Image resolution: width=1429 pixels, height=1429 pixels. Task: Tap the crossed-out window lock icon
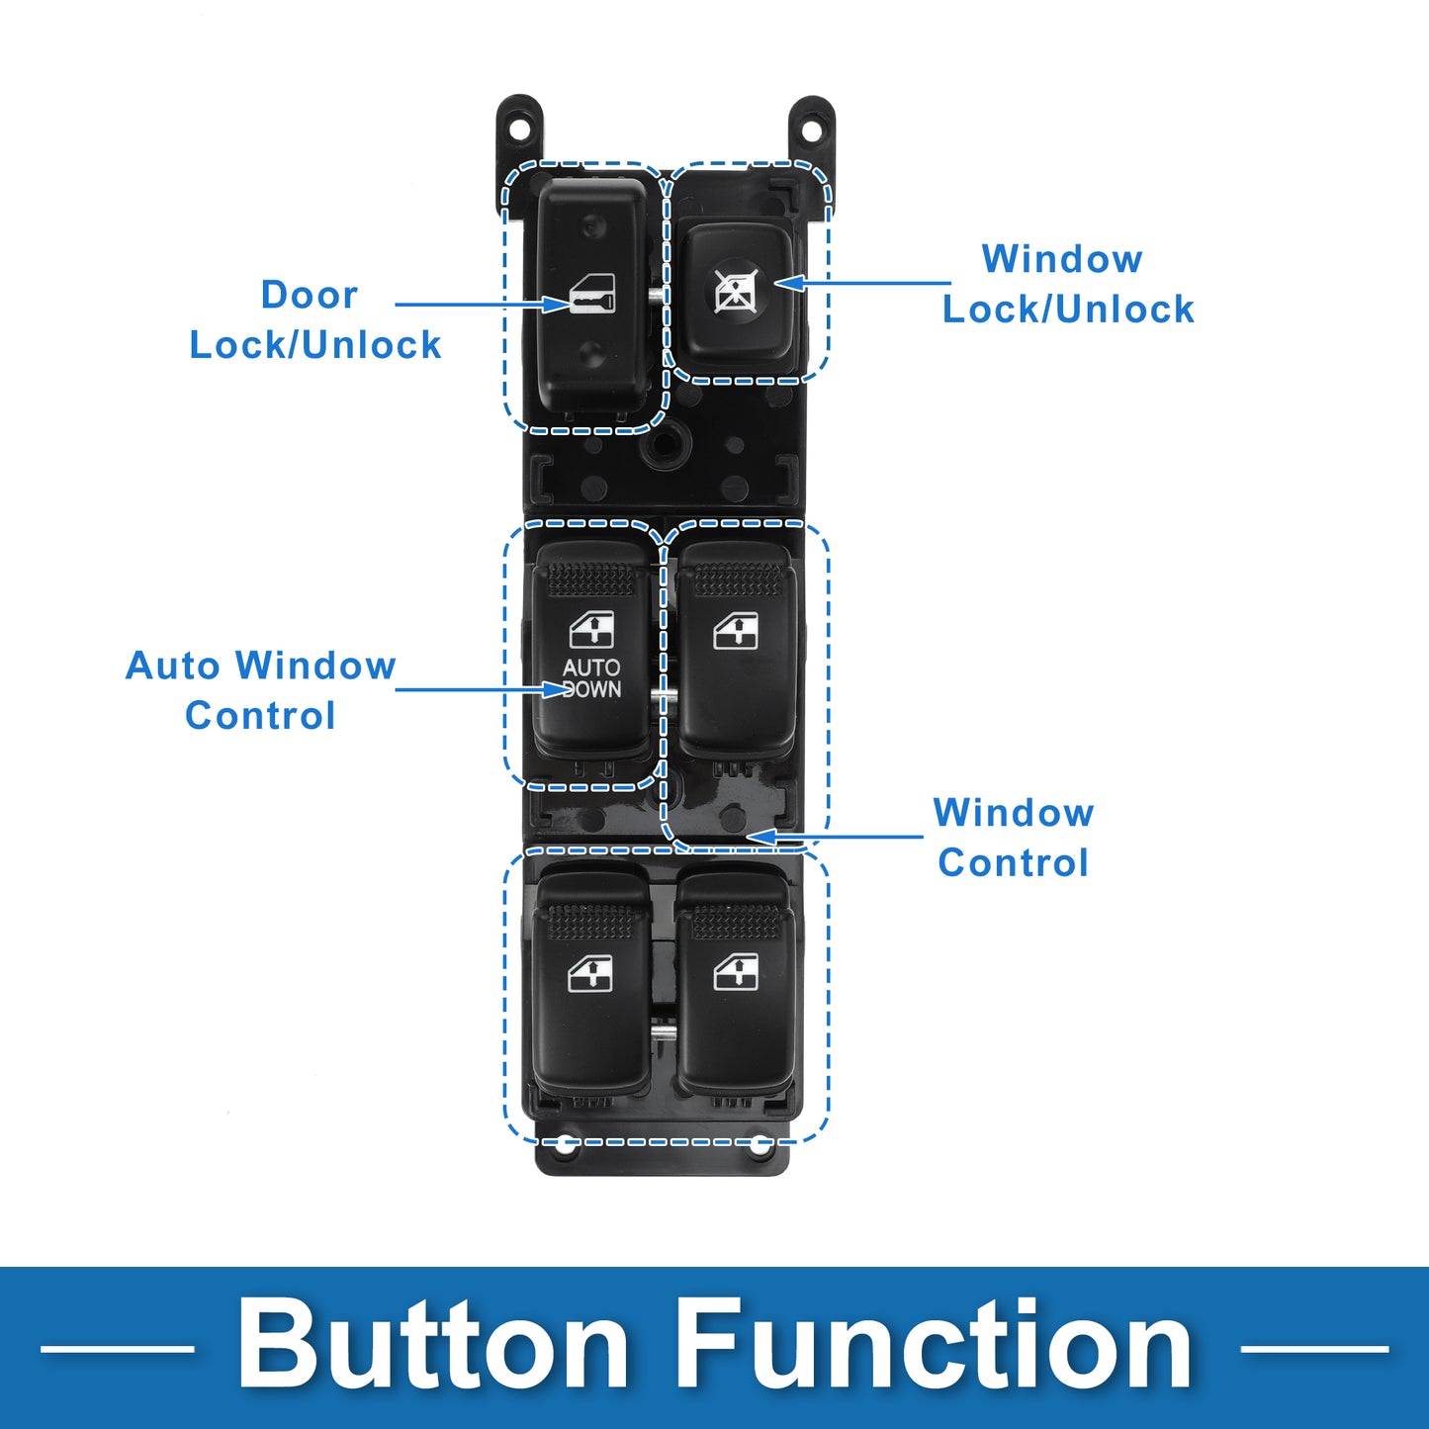pyautogui.click(x=734, y=290)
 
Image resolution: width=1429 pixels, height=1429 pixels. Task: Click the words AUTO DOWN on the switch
pyautogui.click(x=591, y=678)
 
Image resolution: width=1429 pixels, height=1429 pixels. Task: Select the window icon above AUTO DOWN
pyautogui.click(x=591, y=630)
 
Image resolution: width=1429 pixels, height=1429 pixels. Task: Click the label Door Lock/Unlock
pyautogui.click(x=315, y=319)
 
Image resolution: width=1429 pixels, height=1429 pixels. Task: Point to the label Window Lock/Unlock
pyautogui.click(x=1068, y=284)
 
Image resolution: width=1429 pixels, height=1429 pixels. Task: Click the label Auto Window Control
pyautogui.click(x=260, y=690)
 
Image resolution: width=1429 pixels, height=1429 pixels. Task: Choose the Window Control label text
pyautogui.click(x=1013, y=838)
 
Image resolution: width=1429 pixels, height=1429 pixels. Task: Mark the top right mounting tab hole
pyautogui.click(x=813, y=129)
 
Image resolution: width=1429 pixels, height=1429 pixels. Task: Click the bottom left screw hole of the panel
pyautogui.click(x=566, y=1144)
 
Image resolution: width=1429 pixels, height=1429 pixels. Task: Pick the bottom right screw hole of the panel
pyautogui.click(x=759, y=1144)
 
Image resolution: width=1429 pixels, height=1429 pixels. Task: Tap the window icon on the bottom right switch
pyautogui.click(x=736, y=972)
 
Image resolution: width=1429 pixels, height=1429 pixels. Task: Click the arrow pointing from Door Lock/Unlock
pyautogui.click(x=482, y=304)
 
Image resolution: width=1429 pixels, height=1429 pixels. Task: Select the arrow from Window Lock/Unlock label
pyautogui.click(x=861, y=283)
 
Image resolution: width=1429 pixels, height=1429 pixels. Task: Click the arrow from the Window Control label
pyautogui.click(x=835, y=837)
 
